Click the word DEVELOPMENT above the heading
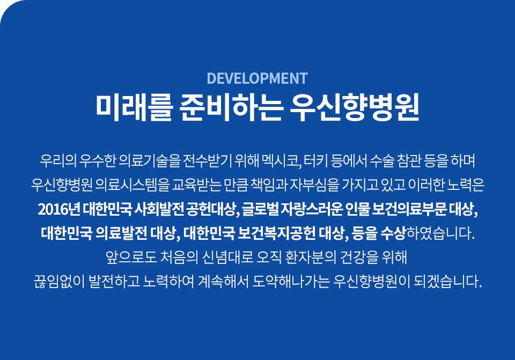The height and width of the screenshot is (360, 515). [x=257, y=78]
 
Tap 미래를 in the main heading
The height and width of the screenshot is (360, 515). [x=134, y=107]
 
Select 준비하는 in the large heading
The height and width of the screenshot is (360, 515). [x=231, y=107]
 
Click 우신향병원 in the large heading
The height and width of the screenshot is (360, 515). [x=355, y=107]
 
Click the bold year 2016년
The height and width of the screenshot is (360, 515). [x=59, y=209]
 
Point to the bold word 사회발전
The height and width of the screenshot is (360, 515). [x=159, y=209]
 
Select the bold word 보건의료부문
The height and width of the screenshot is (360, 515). [x=409, y=209]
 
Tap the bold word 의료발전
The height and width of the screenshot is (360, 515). [x=122, y=233]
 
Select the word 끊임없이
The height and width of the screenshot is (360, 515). [x=60, y=282]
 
